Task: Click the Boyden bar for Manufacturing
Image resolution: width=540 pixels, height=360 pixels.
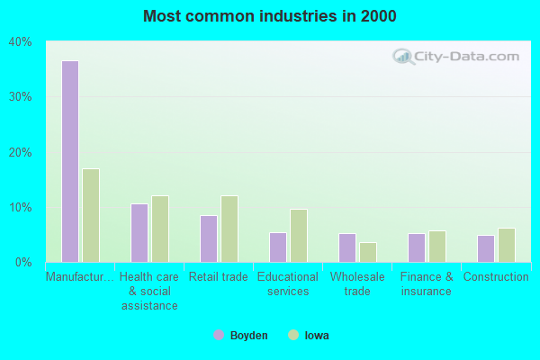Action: click(69, 162)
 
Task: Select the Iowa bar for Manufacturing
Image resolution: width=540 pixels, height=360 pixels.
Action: click(91, 216)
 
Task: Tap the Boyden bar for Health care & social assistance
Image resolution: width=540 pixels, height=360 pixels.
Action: click(139, 233)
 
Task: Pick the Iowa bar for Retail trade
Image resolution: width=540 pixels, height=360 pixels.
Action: click(229, 229)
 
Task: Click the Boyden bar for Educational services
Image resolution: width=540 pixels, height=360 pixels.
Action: click(277, 247)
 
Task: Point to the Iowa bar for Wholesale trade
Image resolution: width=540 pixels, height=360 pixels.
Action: click(368, 252)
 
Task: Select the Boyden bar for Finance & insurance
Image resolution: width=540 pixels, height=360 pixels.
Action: click(416, 247)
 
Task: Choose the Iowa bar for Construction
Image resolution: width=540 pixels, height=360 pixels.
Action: click(507, 245)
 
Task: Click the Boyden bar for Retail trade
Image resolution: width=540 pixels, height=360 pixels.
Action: click(208, 238)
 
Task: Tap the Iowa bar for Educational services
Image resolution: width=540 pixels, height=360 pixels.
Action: click(299, 236)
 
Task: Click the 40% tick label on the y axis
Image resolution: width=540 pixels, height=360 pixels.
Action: click(21, 41)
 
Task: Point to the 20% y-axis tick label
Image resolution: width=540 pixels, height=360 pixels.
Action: click(21, 152)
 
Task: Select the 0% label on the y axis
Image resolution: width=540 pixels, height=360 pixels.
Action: click(24, 263)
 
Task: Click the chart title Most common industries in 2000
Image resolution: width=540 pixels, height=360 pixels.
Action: click(269, 16)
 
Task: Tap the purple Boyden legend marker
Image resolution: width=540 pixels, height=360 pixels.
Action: click(219, 336)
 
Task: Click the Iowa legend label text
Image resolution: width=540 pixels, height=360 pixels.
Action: click(316, 336)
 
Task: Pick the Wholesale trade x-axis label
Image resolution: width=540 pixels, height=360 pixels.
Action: click(357, 283)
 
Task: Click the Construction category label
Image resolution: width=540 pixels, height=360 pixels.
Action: click(496, 277)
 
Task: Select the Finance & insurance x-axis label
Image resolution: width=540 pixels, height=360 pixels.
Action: click(427, 283)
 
